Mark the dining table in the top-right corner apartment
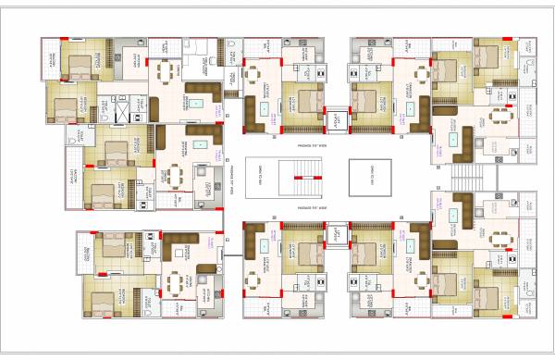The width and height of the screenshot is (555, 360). [x=500, y=118]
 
